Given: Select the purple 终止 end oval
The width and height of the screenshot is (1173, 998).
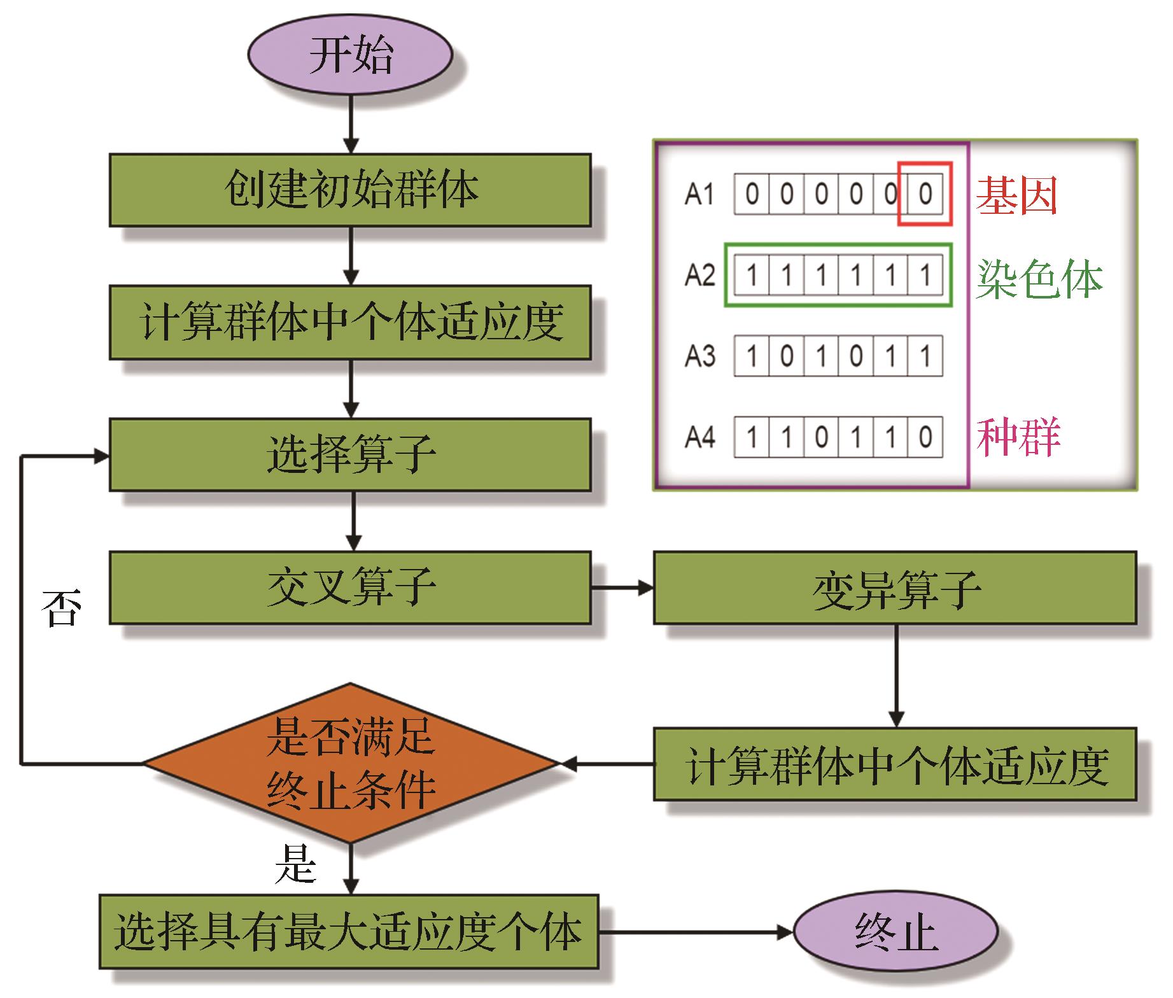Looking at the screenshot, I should (896, 932).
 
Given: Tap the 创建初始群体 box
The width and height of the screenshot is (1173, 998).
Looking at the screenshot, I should (350, 190).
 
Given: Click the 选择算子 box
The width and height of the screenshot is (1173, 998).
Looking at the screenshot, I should (350, 454).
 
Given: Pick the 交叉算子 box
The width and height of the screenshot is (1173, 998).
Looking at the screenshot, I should (350, 587).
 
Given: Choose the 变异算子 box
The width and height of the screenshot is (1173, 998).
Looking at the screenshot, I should (895, 587).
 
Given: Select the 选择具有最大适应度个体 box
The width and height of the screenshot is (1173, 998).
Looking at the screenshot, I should (349, 932).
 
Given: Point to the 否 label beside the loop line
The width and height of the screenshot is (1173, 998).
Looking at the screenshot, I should (62, 608).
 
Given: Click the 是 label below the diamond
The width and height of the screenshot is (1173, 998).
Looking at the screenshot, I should (295, 864).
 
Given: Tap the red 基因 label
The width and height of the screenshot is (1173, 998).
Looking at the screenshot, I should (1016, 195).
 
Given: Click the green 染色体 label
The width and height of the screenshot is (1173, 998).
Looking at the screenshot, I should (1039, 278).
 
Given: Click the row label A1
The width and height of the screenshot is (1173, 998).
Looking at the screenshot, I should (699, 194).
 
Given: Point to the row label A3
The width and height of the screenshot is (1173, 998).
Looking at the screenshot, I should (699, 356).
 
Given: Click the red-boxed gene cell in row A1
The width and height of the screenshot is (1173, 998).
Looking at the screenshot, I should (925, 194).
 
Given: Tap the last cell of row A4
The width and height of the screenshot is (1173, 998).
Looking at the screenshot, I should (925, 437).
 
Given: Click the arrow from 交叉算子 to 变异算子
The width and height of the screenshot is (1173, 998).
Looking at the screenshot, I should (622, 587).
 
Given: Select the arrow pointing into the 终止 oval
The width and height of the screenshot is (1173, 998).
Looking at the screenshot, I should (696, 932).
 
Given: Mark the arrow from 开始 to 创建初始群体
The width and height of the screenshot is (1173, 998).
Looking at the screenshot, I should (351, 125).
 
